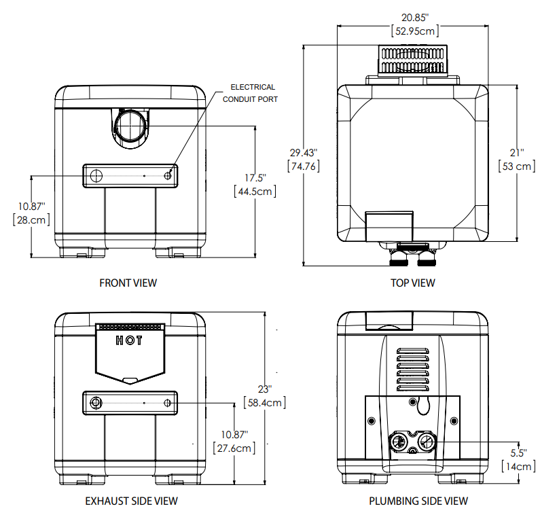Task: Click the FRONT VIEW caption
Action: click(x=128, y=283)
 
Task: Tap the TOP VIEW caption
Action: click(x=412, y=283)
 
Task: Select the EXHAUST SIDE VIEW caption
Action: click(x=131, y=501)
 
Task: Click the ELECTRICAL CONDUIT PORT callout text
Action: click(x=253, y=93)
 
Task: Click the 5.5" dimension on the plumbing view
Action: click(x=518, y=452)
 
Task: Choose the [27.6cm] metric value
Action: click(x=234, y=448)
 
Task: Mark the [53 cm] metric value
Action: click(x=517, y=166)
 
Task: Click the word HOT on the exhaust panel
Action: click(x=129, y=340)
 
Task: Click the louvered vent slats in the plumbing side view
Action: click(x=412, y=370)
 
